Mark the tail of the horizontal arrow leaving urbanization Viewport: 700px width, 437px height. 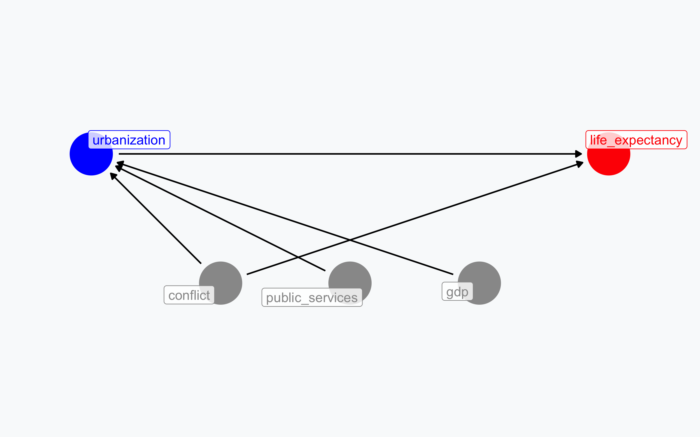119,154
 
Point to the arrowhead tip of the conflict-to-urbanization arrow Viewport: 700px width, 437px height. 110,173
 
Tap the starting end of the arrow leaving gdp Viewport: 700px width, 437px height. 453,274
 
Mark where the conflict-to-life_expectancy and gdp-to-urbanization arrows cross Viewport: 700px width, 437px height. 350,240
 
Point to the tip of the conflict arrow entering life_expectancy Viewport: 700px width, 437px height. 583,162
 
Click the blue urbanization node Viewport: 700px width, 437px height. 91,154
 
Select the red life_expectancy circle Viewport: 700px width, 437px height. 609,154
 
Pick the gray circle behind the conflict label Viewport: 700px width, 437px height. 220,283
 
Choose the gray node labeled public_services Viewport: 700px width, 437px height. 350,283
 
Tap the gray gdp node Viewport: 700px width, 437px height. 479,283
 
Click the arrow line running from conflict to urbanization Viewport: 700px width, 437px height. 156,218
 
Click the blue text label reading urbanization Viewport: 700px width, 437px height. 129,140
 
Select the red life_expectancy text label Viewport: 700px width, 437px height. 636,140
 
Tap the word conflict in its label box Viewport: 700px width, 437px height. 189,295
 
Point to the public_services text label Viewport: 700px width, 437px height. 312,297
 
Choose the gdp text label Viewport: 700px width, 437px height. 457,291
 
